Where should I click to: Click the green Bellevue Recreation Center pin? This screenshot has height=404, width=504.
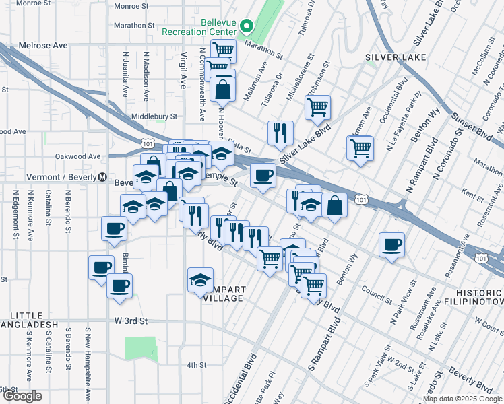coord(247,28)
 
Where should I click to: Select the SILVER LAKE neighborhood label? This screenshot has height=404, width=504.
coord(396,57)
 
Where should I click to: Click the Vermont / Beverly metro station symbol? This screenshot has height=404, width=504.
coord(102,177)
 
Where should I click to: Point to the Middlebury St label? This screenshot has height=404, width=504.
coord(154,116)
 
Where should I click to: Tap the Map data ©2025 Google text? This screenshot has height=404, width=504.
coord(462,399)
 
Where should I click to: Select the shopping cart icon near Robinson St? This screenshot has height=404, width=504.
coord(317,106)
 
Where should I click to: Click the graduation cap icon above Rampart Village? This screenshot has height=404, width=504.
coord(200,279)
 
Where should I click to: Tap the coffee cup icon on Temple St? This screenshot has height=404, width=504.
coord(262,175)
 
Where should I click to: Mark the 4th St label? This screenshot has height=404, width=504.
coord(196,365)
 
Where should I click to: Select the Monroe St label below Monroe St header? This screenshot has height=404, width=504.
coord(131,6)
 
